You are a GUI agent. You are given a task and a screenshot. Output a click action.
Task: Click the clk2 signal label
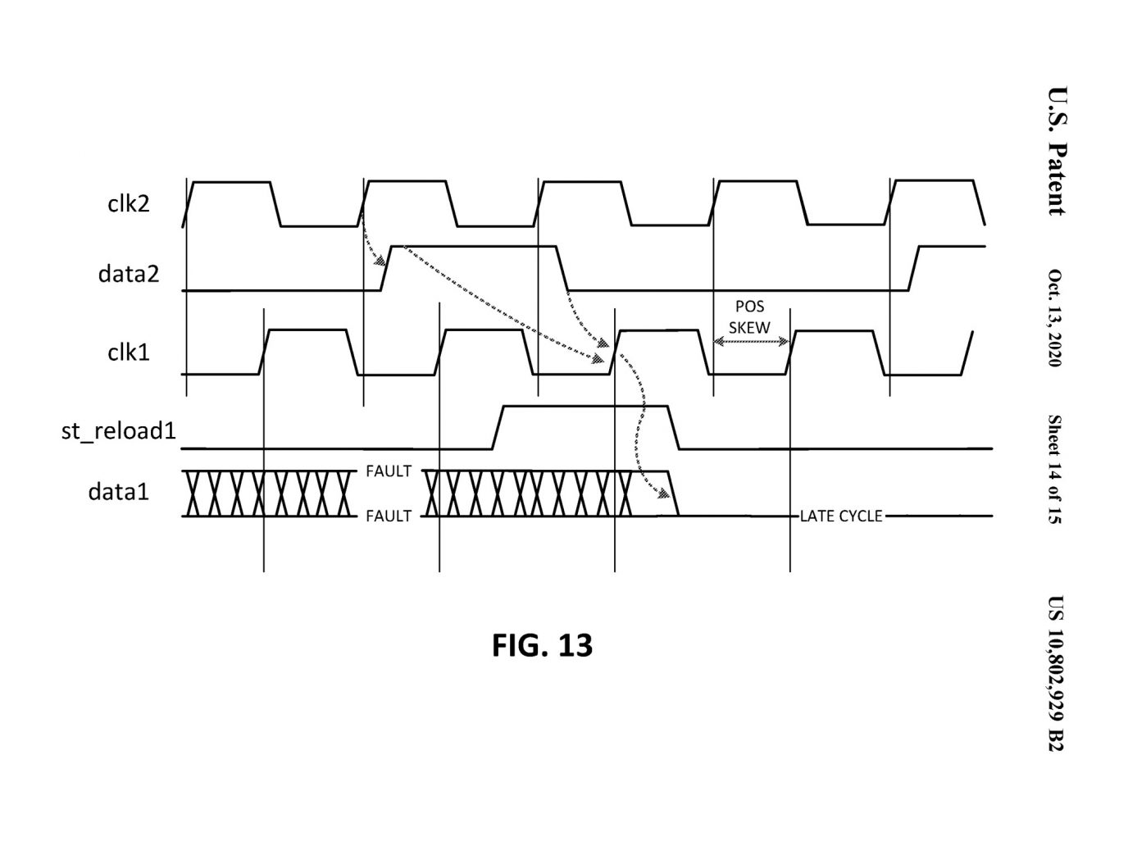pyautogui.click(x=129, y=204)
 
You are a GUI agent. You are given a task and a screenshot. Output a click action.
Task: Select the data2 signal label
pyautogui.click(x=129, y=274)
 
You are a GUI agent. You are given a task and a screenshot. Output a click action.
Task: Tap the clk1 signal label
pyautogui.click(x=129, y=352)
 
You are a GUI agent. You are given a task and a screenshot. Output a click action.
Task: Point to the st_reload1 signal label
pyautogui.click(x=119, y=430)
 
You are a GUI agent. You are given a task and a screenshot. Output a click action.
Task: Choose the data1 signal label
pyautogui.click(x=119, y=492)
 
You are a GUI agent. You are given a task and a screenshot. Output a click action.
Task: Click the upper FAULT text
pyautogui.click(x=389, y=471)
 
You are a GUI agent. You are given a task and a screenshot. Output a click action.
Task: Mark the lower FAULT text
pyautogui.click(x=389, y=516)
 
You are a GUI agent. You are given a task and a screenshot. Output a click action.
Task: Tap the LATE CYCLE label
pyautogui.click(x=841, y=516)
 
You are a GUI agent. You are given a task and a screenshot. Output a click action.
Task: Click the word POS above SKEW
pyautogui.click(x=750, y=306)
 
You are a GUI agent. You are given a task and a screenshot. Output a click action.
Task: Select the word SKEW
pyautogui.click(x=750, y=327)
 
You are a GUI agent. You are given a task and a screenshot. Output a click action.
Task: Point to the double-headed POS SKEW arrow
pyautogui.click(x=751, y=341)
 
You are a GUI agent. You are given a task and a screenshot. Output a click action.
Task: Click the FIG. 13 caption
pyautogui.click(x=542, y=645)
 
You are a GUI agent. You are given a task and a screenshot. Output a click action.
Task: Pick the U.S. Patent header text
pyautogui.click(x=1057, y=151)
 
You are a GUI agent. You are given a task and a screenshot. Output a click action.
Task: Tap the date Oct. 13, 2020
pyautogui.click(x=1054, y=318)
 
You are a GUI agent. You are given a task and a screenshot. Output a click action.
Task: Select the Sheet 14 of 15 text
pyautogui.click(x=1054, y=469)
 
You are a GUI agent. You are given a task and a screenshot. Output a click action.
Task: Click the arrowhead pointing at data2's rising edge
pyautogui.click(x=380, y=261)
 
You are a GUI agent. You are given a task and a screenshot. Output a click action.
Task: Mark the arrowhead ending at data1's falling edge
pyautogui.click(x=664, y=493)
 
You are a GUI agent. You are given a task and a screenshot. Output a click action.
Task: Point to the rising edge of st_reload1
pyautogui.click(x=498, y=427)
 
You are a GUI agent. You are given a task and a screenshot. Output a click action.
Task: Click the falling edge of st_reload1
pyautogui.click(x=674, y=427)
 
